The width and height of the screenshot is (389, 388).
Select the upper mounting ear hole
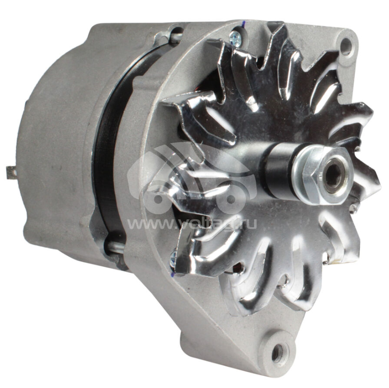click(345, 46)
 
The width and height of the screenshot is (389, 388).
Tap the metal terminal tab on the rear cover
click(11, 172)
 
